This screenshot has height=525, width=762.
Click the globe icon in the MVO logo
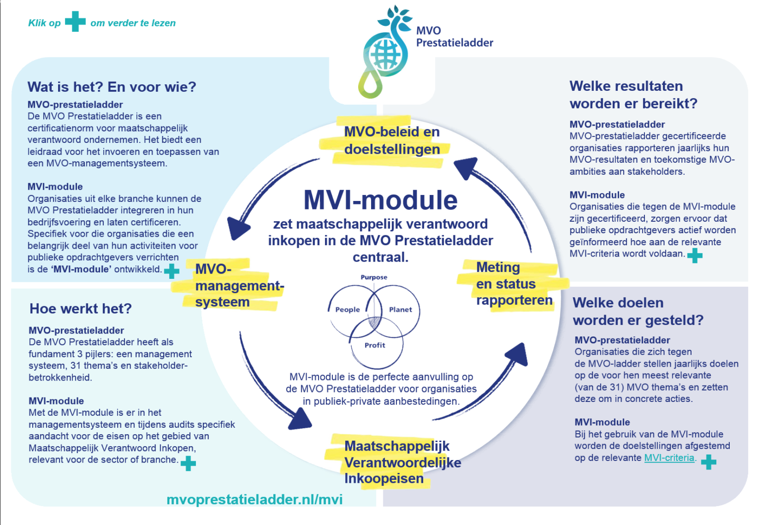pyautogui.click(x=384, y=54)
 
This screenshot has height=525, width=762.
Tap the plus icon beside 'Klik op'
pyautogui.click(x=75, y=21)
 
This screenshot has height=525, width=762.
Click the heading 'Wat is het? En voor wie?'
pyautogui.click(x=112, y=87)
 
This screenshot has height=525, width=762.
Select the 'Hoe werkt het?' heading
pyautogui.click(x=80, y=309)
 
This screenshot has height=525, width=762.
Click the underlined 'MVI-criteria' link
pyautogui.click(x=669, y=458)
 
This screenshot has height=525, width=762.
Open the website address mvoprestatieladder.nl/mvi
pyautogui.click(x=254, y=499)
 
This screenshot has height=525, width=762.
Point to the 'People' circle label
pyautogui.click(x=347, y=310)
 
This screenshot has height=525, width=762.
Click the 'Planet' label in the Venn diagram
pyautogui.click(x=400, y=310)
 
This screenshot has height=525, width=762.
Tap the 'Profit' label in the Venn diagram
pyautogui.click(x=375, y=345)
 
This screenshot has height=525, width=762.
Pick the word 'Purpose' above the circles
pyautogui.click(x=374, y=277)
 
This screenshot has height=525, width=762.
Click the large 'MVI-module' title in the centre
pyautogui.click(x=380, y=200)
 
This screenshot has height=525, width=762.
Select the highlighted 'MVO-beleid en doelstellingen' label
pyautogui.click(x=391, y=140)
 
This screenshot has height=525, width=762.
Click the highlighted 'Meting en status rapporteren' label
pyautogui.click(x=513, y=284)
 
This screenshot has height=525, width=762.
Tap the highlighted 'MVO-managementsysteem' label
pyautogui.click(x=238, y=285)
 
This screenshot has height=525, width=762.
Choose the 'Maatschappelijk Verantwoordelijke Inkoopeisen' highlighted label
pyautogui.click(x=402, y=462)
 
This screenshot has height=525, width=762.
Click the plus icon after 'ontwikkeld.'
pyautogui.click(x=172, y=271)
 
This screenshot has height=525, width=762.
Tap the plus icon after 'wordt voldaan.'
pyautogui.click(x=695, y=255)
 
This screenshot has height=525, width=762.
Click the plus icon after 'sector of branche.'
pyautogui.click(x=188, y=463)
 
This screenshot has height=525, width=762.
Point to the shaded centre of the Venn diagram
pyautogui.click(x=375, y=322)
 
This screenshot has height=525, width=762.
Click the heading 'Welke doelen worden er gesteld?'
pyautogui.click(x=637, y=311)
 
